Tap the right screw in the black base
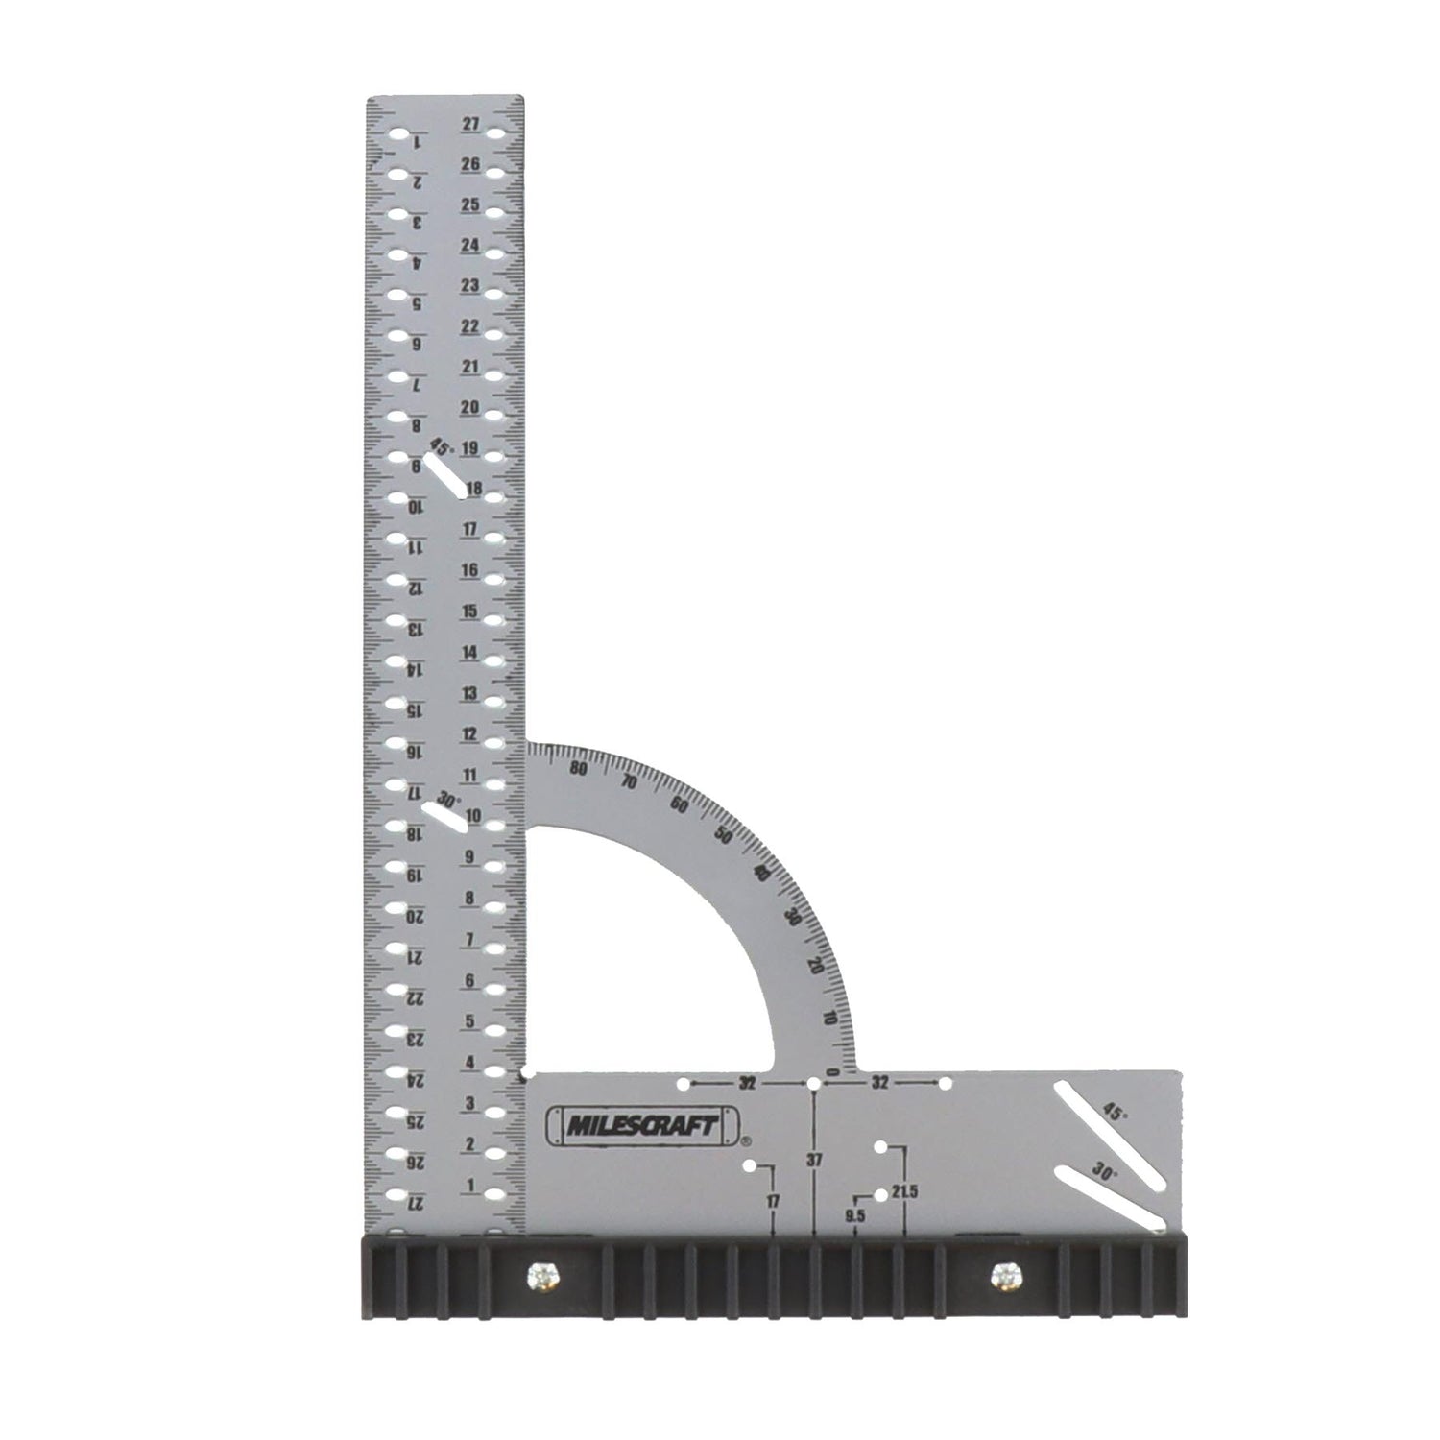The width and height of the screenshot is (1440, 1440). click(x=1004, y=1276)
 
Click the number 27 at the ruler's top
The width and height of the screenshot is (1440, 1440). click(x=470, y=124)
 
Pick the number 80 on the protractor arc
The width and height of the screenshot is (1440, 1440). click(x=578, y=769)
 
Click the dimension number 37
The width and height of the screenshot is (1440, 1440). click(x=814, y=1160)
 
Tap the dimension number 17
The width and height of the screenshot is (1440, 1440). click(x=774, y=1200)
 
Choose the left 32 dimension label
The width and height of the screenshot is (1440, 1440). click(x=748, y=1083)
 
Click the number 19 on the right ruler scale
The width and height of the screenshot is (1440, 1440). click(x=470, y=448)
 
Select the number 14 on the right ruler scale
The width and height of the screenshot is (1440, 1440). click(x=469, y=652)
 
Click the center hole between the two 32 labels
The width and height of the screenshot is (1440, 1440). click(x=814, y=1084)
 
